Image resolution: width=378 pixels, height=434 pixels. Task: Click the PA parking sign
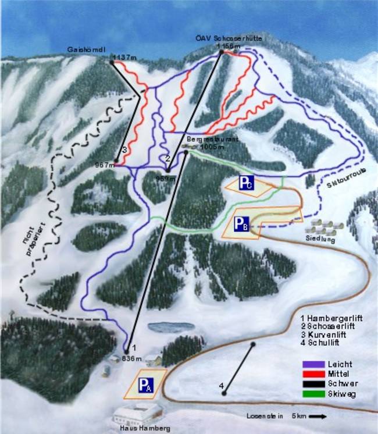(x=145, y=384)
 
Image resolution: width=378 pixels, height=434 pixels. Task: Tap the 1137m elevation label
(x=125, y=57)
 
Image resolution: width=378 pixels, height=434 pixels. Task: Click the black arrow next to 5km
(x=317, y=417)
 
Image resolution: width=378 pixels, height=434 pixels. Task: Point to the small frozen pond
(x=170, y=326)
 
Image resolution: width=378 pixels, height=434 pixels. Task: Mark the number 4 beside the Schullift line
(x=222, y=385)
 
